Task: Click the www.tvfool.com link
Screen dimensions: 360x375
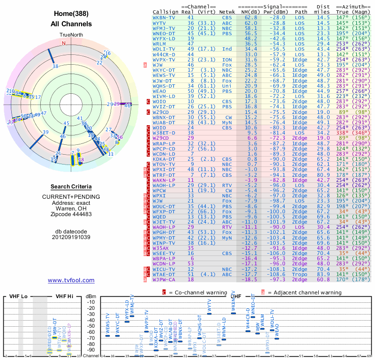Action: [71, 280]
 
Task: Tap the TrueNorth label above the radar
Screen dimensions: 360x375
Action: [71, 35]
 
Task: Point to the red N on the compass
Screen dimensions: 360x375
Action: [64, 43]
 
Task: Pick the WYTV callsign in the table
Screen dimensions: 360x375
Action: [159, 22]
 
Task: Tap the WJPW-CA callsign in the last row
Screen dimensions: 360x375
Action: [165, 279]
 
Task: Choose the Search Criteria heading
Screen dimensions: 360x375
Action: [71, 187]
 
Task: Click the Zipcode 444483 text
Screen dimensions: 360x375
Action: [71, 214]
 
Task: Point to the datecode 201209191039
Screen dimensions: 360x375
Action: [71, 237]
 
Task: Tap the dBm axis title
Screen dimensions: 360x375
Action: [91, 297]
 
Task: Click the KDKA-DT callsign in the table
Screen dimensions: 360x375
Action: [165, 159]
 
